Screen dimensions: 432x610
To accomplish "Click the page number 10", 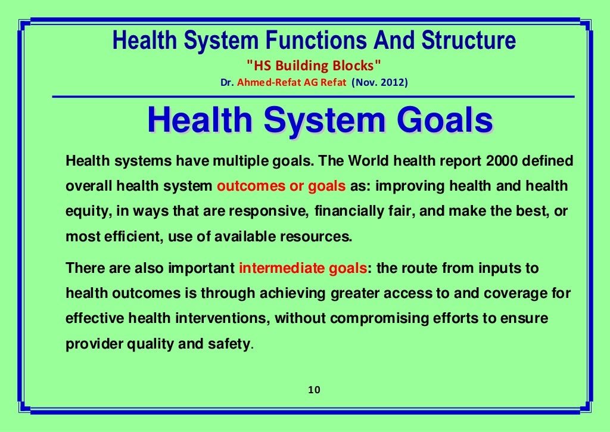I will tap(315, 390).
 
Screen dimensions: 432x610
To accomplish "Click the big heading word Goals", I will tap(445, 120).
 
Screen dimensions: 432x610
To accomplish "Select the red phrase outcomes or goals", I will tap(281, 187).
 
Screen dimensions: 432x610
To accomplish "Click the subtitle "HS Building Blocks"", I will tap(314, 66).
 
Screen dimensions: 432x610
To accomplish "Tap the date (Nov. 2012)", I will tap(379, 83).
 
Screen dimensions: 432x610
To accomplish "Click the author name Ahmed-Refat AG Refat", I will tap(291, 83).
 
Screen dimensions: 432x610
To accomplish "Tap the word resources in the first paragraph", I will tap(320, 236).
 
